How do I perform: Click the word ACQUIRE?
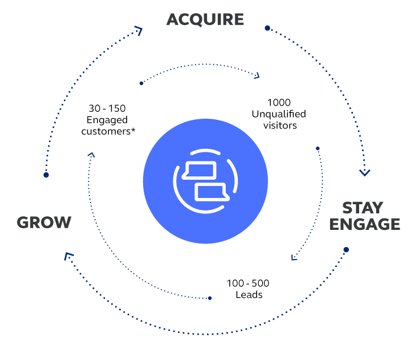pos(205,19)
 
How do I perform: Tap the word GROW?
pos(44,222)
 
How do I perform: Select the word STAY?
pos(363,208)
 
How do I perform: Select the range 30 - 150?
pos(107,108)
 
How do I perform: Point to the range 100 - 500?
pos(248,284)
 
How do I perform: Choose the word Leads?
pos(249,295)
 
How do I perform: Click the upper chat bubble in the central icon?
pos(199,171)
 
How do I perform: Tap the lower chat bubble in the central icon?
pos(212,192)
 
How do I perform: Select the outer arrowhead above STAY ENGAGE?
pos(365,171)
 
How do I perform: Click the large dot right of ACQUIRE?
pos(267,27)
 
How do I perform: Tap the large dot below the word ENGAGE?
pos(346,249)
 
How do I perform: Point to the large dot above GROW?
pos(46,175)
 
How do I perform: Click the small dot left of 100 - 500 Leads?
pos(210,298)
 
